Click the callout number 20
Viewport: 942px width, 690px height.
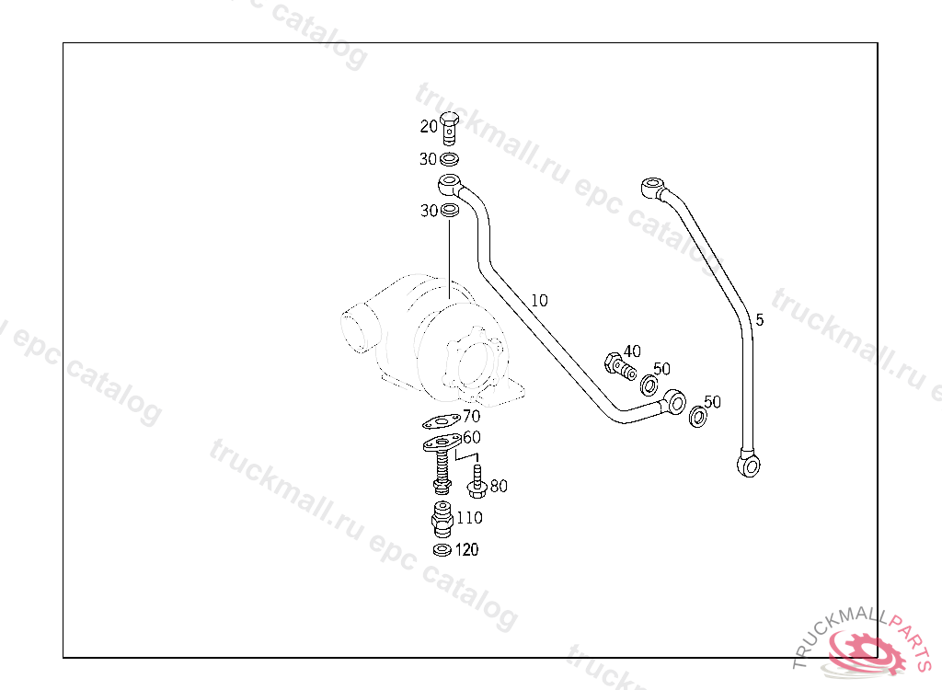(429, 126)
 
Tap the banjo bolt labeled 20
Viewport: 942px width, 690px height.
(449, 128)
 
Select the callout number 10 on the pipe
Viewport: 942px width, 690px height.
(539, 300)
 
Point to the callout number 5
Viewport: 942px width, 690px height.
(760, 320)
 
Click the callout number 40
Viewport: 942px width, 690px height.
(632, 351)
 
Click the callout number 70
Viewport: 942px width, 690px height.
(471, 416)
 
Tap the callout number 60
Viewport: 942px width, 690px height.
(471, 437)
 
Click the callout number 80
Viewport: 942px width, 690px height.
(499, 486)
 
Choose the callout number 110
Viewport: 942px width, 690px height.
(469, 518)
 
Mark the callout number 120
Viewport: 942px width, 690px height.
(467, 550)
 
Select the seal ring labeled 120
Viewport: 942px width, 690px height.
(442, 550)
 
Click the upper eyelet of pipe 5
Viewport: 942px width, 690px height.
(653, 189)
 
